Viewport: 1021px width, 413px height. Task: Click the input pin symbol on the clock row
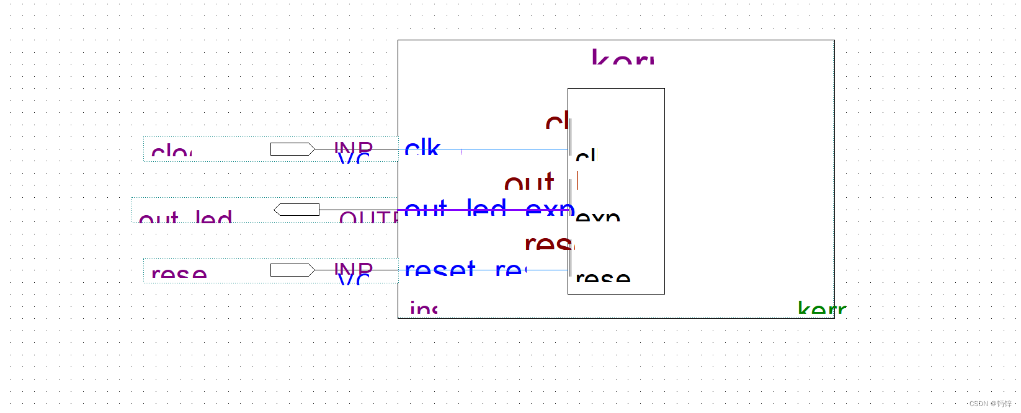pyautogui.click(x=292, y=149)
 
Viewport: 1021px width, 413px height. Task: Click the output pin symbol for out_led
pyautogui.click(x=296, y=210)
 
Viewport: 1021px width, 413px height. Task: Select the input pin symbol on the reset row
pyautogui.click(x=292, y=270)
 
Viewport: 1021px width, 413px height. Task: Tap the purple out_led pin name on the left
pyautogui.click(x=185, y=218)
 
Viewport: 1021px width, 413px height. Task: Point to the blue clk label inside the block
pyautogui.click(x=422, y=148)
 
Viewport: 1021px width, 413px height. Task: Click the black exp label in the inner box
pyautogui.click(x=597, y=216)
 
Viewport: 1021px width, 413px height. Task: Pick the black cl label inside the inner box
pyautogui.click(x=586, y=156)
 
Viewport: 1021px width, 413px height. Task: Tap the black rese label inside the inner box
pyautogui.click(x=602, y=277)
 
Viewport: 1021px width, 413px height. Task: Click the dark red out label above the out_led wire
pyautogui.click(x=528, y=183)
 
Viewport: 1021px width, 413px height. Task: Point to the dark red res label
pyautogui.click(x=548, y=242)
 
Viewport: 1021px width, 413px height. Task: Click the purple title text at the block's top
pyautogui.click(x=622, y=58)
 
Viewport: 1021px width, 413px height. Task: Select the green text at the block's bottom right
pyautogui.click(x=821, y=308)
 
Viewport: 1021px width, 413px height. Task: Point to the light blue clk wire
pyautogui.click(x=515, y=149)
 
